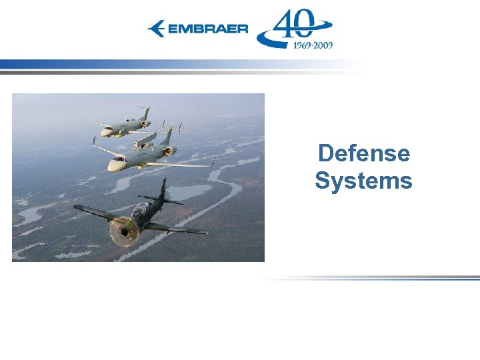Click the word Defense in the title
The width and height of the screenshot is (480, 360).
[363, 153]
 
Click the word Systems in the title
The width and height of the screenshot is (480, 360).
[363, 181]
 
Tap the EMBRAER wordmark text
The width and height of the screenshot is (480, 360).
[207, 29]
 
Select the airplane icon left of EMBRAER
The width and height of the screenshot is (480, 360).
[157, 29]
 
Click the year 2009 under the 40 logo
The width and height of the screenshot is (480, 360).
[323, 45]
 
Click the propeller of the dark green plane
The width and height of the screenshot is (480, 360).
[124, 231]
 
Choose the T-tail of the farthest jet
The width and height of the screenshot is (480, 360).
[149, 108]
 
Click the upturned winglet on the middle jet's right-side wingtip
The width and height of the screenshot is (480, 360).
[214, 161]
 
